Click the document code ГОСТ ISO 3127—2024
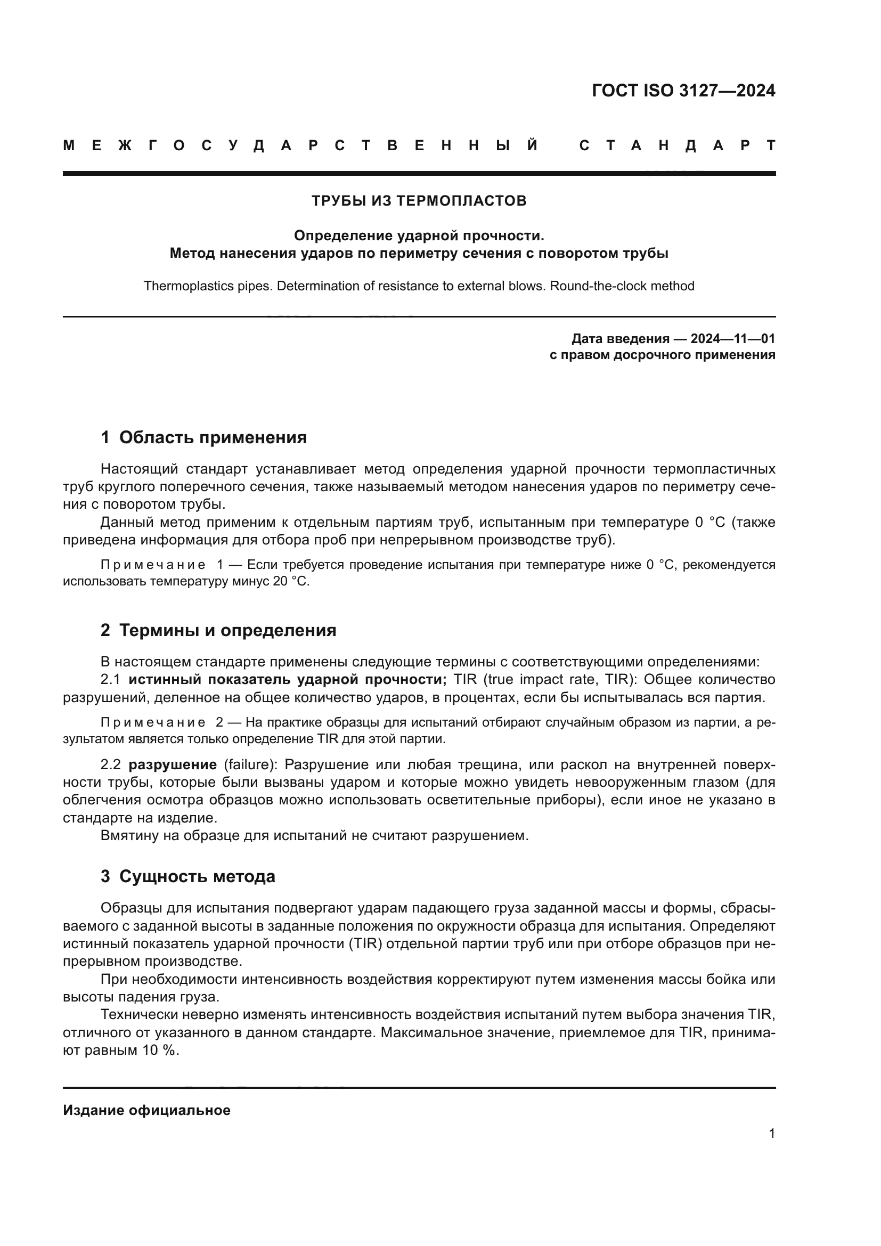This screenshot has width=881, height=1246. click(x=683, y=91)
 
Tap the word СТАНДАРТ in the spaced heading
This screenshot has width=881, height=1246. click(x=677, y=146)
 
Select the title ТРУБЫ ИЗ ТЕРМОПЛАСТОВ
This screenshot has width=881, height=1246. click(x=419, y=201)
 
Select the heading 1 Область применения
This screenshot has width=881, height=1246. click(x=203, y=437)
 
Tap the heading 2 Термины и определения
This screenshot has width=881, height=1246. click(x=218, y=631)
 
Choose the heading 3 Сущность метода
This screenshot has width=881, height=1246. click(x=187, y=876)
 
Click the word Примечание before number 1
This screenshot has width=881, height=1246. click(x=153, y=565)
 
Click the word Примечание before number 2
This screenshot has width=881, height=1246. click(x=153, y=722)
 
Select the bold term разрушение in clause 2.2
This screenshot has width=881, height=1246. click(x=173, y=764)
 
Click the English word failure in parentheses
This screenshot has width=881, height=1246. click(x=249, y=764)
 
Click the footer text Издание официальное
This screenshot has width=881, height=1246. click(x=146, y=1110)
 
